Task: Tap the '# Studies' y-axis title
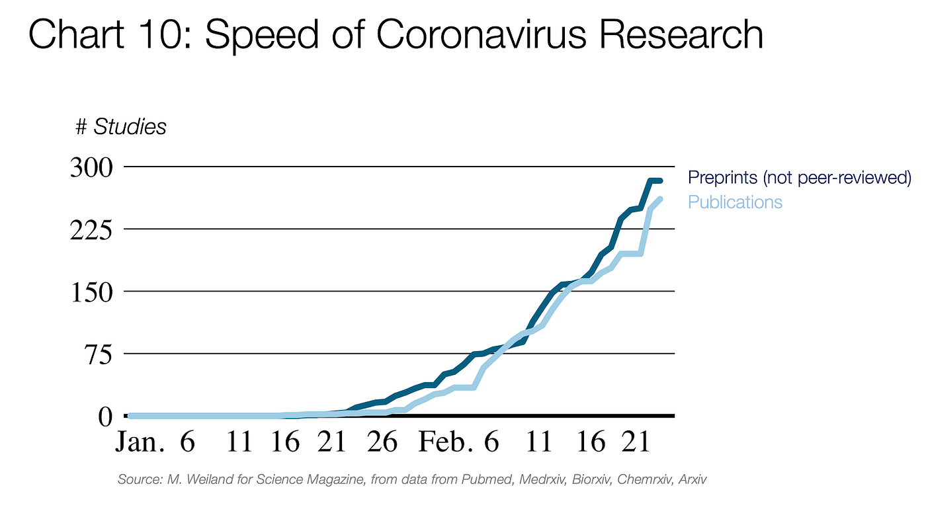[x=121, y=126]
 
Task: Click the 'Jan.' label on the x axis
[x=140, y=442]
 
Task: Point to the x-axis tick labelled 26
[x=382, y=442]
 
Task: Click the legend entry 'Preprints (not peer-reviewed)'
[x=800, y=178]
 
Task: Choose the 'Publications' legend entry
[x=735, y=202]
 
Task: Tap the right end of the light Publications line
[x=659, y=199]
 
